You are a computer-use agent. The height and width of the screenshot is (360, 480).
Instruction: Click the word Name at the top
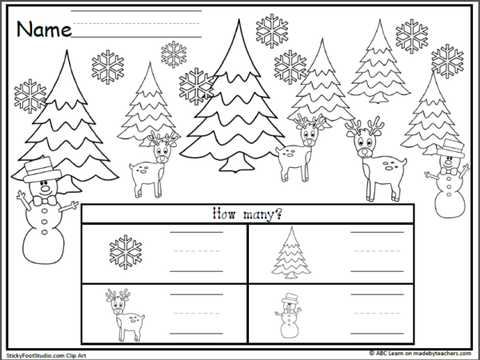coord(43,30)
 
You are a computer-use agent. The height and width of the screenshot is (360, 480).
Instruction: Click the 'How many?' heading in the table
coord(248,214)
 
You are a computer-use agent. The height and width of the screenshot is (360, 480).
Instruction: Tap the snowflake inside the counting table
coord(125,251)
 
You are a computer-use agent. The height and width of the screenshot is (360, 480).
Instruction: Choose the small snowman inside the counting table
coord(289,315)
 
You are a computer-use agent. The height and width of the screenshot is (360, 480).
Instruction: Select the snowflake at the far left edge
coord(30,95)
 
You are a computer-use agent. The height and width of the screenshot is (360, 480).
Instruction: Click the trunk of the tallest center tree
coord(232,164)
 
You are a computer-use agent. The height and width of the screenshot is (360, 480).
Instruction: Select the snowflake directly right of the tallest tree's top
coord(271,31)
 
